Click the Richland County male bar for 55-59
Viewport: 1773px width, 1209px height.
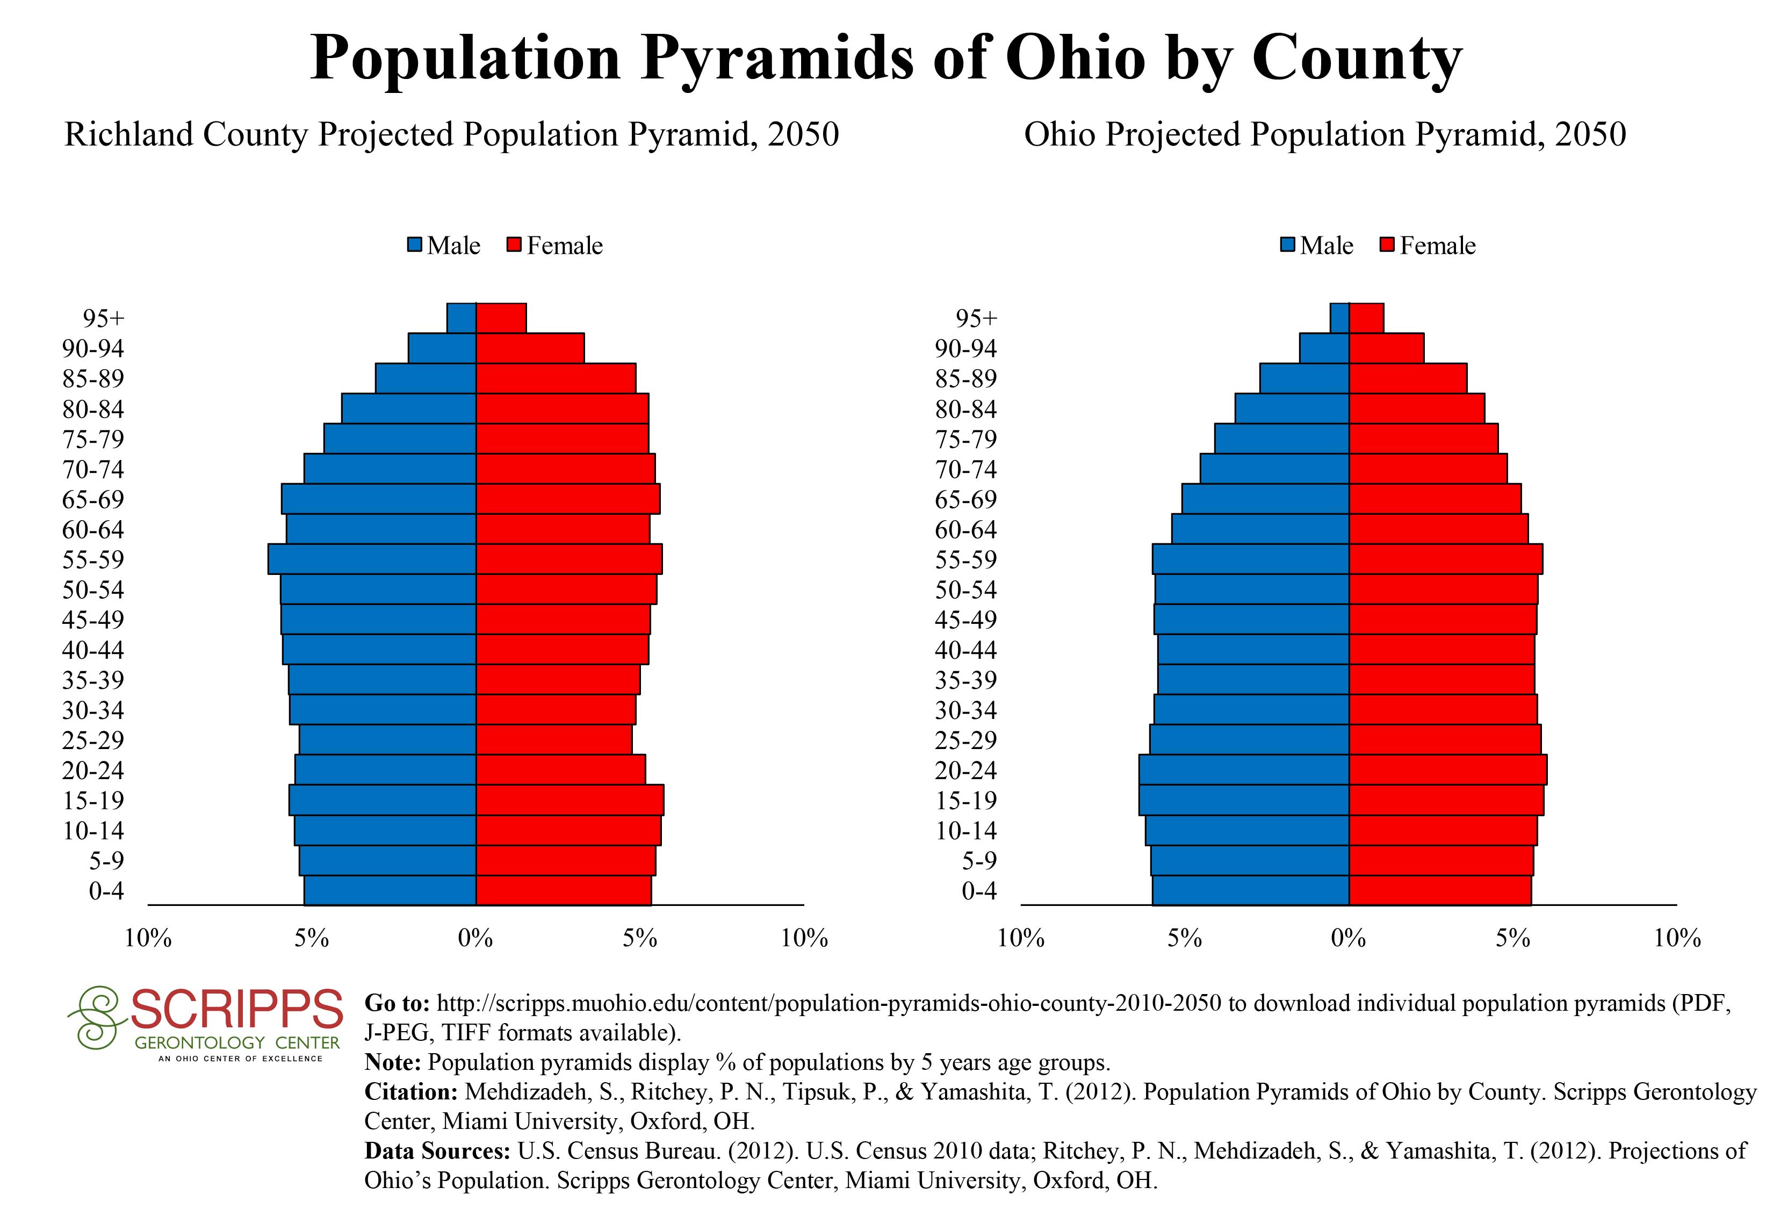[x=372, y=559]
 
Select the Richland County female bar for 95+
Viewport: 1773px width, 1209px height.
[x=500, y=318]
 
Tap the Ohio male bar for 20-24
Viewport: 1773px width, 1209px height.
[x=1244, y=769]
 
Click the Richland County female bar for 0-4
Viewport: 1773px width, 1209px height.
[x=563, y=890]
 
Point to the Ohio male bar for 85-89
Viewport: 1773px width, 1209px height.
[x=1304, y=378]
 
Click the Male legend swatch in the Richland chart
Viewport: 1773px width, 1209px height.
[x=415, y=246]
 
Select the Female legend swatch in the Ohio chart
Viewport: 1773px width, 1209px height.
[x=1388, y=246]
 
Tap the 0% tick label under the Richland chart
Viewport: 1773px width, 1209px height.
[x=475, y=938]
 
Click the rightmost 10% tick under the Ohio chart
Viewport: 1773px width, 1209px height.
[x=1677, y=938]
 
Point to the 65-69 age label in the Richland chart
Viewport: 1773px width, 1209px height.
[x=93, y=500]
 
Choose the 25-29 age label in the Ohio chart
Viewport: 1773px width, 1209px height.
[x=966, y=740]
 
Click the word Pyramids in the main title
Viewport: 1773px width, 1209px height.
[x=777, y=57]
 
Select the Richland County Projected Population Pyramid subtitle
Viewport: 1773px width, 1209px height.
[x=452, y=134]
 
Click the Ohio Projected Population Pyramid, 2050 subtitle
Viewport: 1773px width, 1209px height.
[x=1324, y=134]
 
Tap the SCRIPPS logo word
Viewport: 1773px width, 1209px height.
[x=236, y=1009]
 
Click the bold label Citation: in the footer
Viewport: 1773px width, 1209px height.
[x=411, y=1091]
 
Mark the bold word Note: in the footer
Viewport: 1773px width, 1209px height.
[x=393, y=1062]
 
